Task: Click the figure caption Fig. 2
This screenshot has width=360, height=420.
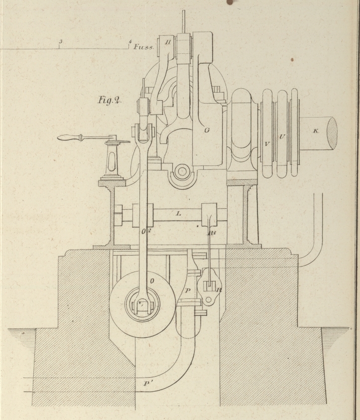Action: coord(110,100)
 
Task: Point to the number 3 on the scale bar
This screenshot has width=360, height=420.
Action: coord(60,41)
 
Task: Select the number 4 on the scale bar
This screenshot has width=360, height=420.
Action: coord(129,42)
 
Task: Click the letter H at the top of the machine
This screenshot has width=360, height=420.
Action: coord(168,42)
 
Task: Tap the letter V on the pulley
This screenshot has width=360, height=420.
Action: coord(267,144)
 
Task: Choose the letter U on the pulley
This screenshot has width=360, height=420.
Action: coord(282,137)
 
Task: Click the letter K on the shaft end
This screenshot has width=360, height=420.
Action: coord(315,131)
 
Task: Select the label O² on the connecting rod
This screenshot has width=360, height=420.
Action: coord(145,231)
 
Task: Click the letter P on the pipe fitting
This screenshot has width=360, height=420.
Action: coord(187,290)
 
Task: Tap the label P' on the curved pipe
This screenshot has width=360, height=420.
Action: coord(146,384)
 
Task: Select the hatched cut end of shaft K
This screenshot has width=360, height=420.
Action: coord(332,132)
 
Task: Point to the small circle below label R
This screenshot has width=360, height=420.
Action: coord(210,299)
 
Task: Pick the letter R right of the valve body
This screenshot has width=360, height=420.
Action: coord(219,289)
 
